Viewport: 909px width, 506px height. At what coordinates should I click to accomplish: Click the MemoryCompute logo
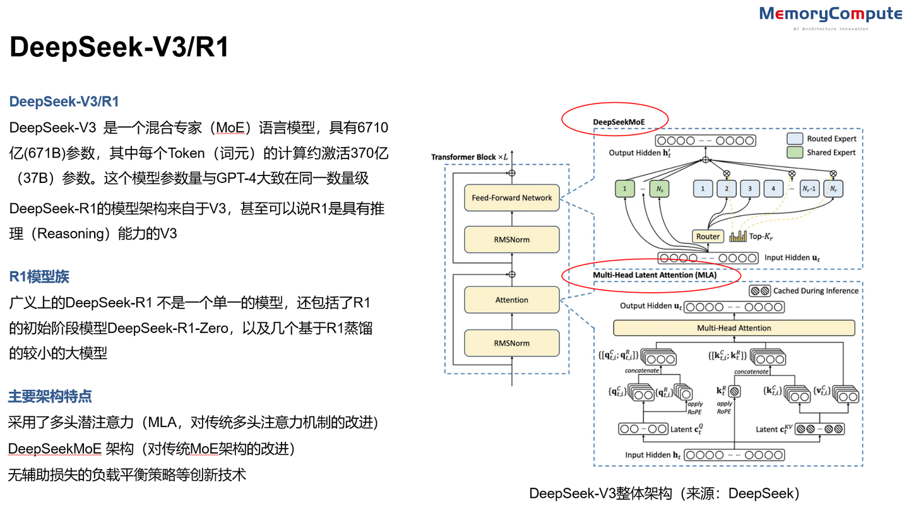pos(830,15)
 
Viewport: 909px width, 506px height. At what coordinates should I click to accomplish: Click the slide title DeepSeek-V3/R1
pos(119,48)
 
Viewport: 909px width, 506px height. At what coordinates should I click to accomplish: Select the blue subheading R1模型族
pos(39,276)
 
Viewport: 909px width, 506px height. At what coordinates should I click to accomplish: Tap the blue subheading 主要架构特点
pos(50,396)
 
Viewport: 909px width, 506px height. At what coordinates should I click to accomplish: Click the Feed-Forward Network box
pos(511,197)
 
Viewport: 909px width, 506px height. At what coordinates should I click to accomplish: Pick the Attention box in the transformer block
pos(511,300)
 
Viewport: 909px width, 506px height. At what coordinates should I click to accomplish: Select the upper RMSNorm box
pos(511,240)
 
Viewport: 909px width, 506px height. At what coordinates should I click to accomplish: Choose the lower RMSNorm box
pos(511,343)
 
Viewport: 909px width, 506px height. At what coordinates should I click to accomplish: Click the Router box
pos(708,237)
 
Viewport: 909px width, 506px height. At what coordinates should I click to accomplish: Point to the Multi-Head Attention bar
pos(734,328)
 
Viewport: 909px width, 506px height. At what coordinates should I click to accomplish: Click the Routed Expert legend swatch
pos(794,139)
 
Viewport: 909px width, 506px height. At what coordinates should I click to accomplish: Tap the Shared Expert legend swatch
pos(794,153)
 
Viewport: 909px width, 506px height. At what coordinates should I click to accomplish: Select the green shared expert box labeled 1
pos(624,188)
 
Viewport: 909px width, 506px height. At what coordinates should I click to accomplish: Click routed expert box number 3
pos(749,188)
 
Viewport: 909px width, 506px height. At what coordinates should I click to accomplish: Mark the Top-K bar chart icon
pos(738,237)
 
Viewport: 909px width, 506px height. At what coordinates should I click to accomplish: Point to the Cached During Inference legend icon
pos(759,291)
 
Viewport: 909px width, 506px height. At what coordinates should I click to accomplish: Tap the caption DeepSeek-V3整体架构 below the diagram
pos(664,493)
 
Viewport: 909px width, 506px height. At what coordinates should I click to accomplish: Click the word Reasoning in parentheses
pos(74,233)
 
